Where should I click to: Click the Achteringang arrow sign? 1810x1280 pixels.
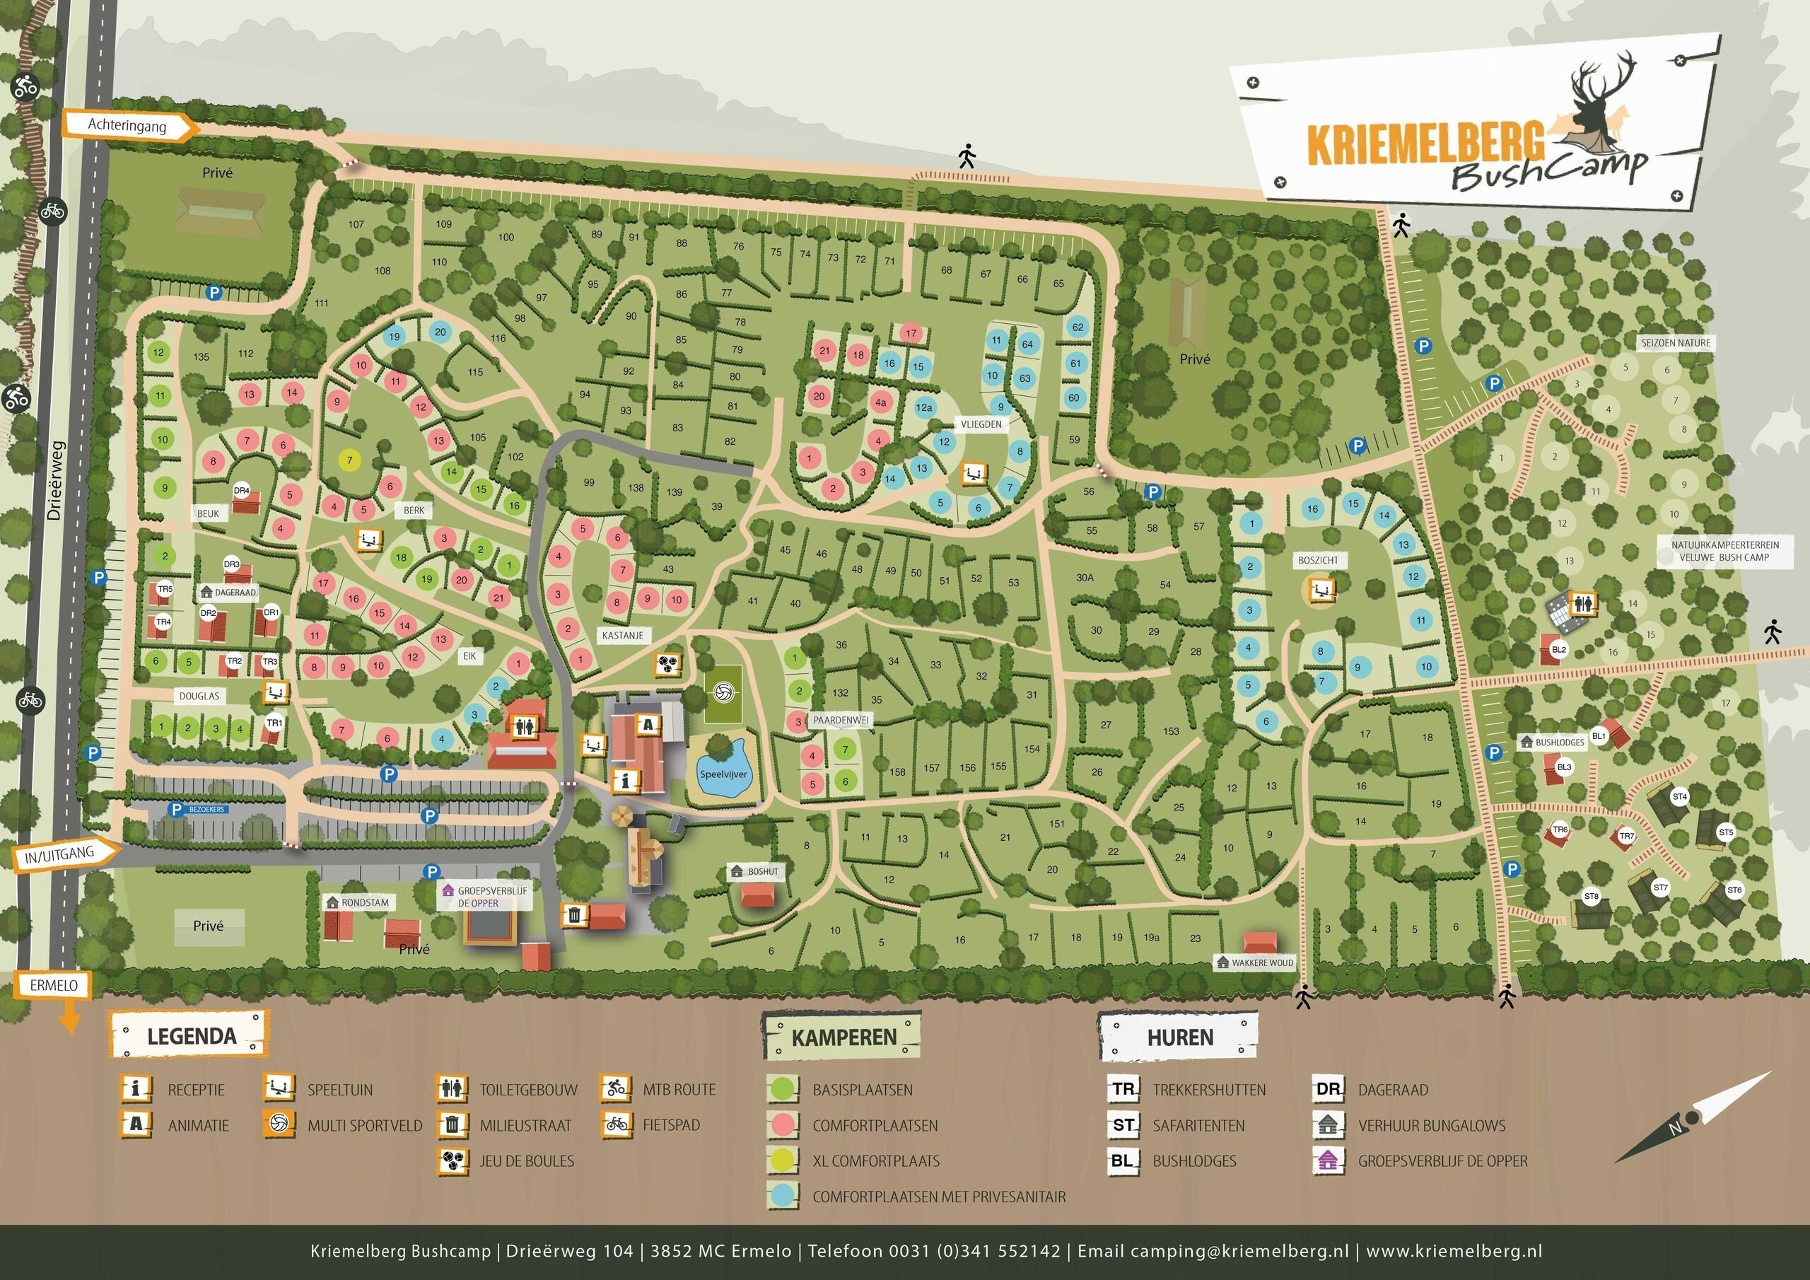pos(129,124)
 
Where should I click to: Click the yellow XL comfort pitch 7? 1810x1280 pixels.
pos(349,460)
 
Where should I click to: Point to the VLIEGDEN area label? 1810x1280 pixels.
pos(981,424)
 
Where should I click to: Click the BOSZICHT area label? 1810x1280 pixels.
pos(1317,561)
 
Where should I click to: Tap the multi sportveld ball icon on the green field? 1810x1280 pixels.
pos(723,693)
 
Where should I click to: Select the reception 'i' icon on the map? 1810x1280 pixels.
pos(626,781)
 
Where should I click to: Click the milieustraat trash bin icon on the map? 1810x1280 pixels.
pos(576,915)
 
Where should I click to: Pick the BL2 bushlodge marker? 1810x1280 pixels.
pos(1558,650)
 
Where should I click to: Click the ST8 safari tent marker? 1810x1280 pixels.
pos(1592,897)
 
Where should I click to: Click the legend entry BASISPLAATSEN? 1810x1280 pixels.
pos(863,1090)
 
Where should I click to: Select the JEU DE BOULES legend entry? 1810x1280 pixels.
pos(527,1161)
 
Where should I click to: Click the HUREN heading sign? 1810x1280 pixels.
pos(1179,1037)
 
